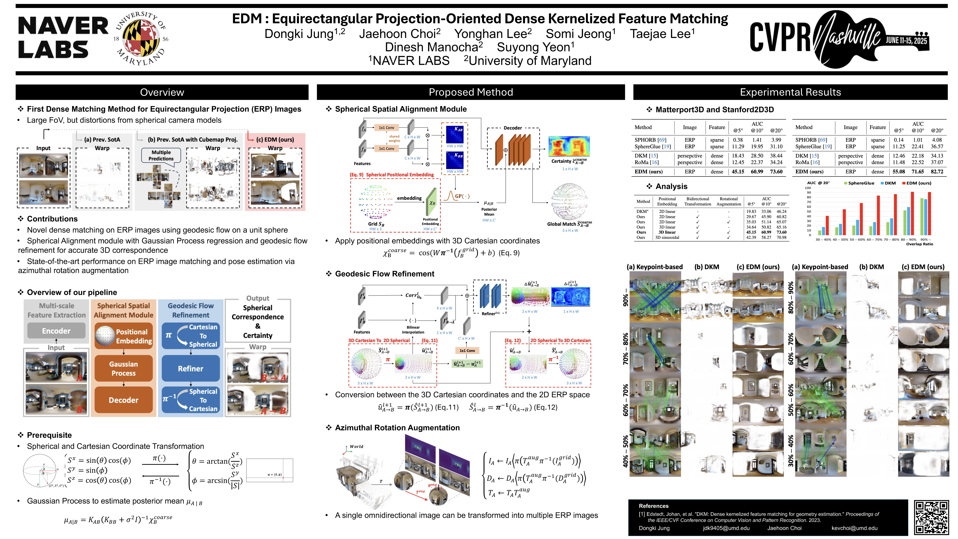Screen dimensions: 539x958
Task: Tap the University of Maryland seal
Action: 141,38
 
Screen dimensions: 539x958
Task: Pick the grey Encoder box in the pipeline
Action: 56,331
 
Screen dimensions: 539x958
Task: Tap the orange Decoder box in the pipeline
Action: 123,400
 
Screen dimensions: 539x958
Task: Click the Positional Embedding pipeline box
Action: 123,336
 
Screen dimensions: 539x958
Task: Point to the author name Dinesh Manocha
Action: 434,47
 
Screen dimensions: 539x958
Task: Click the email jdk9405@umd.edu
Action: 726,528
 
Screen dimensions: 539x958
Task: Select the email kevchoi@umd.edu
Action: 854,528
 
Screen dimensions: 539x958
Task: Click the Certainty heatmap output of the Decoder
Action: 569,147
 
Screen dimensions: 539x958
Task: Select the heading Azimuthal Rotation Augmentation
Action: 397,428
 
